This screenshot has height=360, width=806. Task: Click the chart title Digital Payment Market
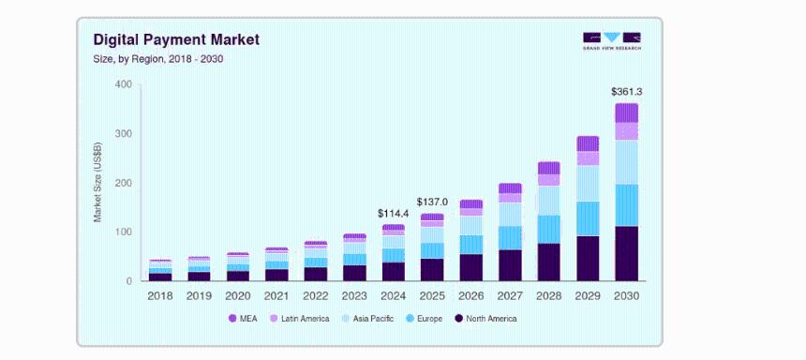tap(176, 39)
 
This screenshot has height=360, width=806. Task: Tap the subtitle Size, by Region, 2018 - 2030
tap(157, 59)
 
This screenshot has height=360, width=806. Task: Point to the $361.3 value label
tap(626, 92)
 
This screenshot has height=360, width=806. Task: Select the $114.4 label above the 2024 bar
tap(393, 214)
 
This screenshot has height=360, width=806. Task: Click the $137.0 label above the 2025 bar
tap(432, 202)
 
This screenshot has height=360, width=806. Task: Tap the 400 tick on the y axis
tap(123, 85)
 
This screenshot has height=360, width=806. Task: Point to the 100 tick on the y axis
tap(123, 232)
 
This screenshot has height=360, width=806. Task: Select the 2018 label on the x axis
tap(160, 295)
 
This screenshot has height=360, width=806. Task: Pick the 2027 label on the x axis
tap(510, 295)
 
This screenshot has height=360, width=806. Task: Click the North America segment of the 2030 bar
tap(626, 253)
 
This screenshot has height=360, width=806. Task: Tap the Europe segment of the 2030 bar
tap(626, 204)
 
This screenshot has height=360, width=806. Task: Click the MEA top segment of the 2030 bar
tap(626, 112)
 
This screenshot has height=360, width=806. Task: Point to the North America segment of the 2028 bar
tap(548, 262)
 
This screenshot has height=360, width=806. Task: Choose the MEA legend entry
tap(245, 319)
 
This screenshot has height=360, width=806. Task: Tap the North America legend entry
tap(485, 319)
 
